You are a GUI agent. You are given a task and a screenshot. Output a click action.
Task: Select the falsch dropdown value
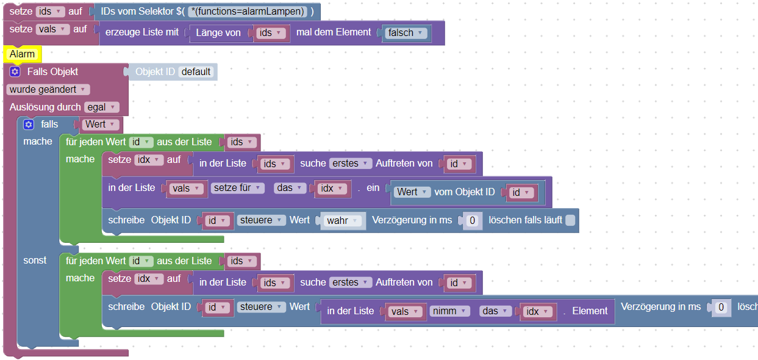pyautogui.click(x=405, y=33)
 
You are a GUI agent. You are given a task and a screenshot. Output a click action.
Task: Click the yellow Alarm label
pyautogui.click(x=23, y=54)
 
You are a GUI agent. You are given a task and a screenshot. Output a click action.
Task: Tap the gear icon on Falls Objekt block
pyautogui.click(x=15, y=72)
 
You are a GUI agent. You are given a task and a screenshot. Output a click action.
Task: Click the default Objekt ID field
pyautogui.click(x=195, y=72)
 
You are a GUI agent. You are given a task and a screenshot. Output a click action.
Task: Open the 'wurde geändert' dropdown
pyautogui.click(x=47, y=90)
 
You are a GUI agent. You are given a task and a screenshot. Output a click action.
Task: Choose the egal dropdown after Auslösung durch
pyautogui.click(x=101, y=107)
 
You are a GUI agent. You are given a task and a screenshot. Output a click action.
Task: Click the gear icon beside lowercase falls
pyautogui.click(x=28, y=124)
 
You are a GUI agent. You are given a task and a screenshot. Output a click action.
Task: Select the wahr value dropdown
pyautogui.click(x=342, y=220)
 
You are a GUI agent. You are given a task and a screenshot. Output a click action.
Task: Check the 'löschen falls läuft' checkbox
pyautogui.click(x=570, y=220)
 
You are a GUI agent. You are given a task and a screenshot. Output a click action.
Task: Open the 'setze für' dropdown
pyautogui.click(x=238, y=188)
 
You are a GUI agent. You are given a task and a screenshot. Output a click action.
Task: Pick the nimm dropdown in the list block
pyautogui.click(x=449, y=311)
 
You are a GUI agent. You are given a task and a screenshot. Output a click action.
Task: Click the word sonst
pyautogui.click(x=35, y=260)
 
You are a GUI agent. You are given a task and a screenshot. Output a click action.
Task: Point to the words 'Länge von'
pyautogui.click(x=218, y=33)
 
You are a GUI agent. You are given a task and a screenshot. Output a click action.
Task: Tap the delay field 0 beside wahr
pyautogui.click(x=472, y=220)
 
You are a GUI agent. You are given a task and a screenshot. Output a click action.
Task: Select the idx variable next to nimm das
pyautogui.click(x=537, y=311)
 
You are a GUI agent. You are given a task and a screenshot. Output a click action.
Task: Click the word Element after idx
pyautogui.click(x=590, y=311)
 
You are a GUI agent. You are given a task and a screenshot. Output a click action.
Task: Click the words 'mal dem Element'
pyautogui.click(x=334, y=32)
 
